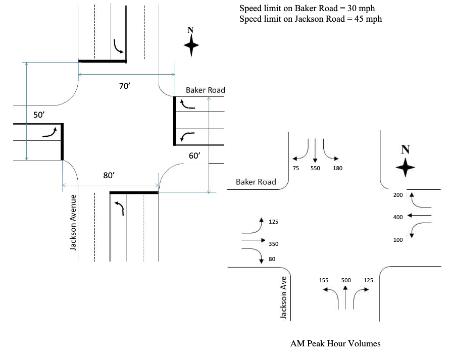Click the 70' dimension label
(125, 86)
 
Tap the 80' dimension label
(109, 175)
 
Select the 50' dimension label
(39, 115)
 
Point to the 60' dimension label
(195, 156)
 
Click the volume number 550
(315, 168)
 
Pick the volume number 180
(338, 168)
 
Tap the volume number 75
(295, 168)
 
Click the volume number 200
(398, 194)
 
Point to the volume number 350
(273, 244)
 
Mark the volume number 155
(324, 280)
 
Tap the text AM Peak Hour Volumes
(335, 344)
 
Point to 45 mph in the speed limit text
(367, 19)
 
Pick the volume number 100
(398, 240)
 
